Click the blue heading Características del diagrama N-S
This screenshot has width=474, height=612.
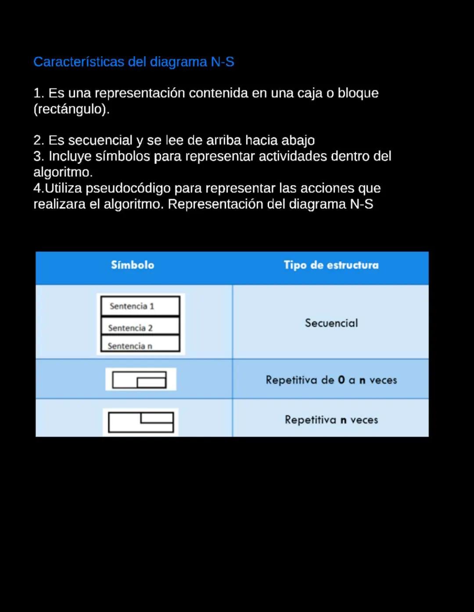(133, 62)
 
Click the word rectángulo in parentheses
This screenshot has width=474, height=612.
(71, 109)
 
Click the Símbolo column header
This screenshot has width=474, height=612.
(133, 265)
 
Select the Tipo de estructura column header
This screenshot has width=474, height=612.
(331, 265)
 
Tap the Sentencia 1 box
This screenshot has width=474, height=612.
(140, 306)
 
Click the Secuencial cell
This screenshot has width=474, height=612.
(331, 323)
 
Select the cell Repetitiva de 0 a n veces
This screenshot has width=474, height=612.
(331, 380)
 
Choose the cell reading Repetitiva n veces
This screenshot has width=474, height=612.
(331, 420)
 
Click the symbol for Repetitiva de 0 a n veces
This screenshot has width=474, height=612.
(140, 380)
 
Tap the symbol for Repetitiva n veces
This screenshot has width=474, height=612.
(140, 422)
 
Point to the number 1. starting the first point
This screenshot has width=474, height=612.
(39, 93)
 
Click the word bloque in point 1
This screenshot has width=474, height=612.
(358, 93)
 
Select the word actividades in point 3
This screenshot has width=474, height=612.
(293, 156)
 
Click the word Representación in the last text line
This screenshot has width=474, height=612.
(226, 204)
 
